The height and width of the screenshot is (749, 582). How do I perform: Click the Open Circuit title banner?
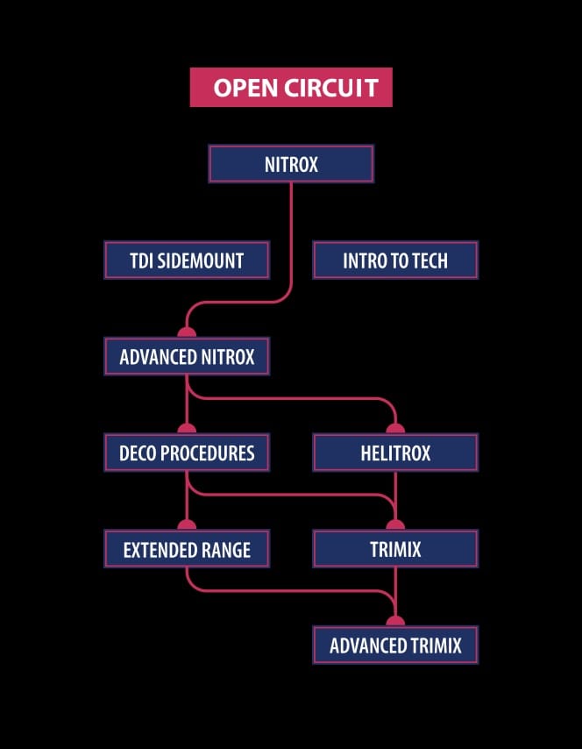click(x=291, y=88)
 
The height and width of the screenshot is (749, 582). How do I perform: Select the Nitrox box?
click(x=291, y=164)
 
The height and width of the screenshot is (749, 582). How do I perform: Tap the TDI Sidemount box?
click(x=187, y=260)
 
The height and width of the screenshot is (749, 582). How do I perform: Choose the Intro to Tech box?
click(x=395, y=260)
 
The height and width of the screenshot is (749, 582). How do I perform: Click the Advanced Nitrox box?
click(x=187, y=357)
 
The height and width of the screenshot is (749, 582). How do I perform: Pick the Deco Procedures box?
click(x=187, y=453)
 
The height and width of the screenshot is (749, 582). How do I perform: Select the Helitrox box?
click(x=395, y=453)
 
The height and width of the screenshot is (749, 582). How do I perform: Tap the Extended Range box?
click(x=187, y=550)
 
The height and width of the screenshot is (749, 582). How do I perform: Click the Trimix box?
click(x=395, y=550)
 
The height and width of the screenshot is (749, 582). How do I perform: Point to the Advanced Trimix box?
click(x=395, y=646)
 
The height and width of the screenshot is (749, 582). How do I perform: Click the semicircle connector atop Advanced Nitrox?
click(x=187, y=332)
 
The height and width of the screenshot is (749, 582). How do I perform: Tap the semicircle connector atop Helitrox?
click(x=395, y=429)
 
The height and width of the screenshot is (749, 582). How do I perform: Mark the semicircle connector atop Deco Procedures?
click(x=187, y=429)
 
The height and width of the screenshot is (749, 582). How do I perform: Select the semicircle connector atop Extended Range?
click(x=187, y=525)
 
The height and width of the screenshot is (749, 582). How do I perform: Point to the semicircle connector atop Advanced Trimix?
click(x=395, y=622)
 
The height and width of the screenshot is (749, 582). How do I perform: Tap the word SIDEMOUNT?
click(x=200, y=260)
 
